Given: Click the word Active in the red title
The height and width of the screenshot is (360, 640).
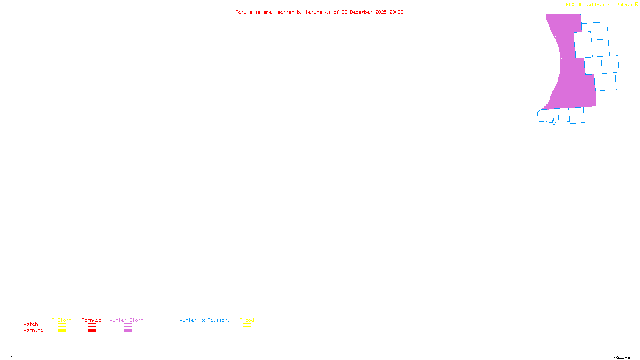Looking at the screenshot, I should (x=244, y=12).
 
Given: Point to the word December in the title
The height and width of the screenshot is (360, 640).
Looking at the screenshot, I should (x=361, y=12).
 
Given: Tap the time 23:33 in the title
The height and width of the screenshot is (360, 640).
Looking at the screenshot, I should (x=396, y=12).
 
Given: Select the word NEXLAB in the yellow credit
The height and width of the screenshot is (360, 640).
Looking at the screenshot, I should (x=574, y=5).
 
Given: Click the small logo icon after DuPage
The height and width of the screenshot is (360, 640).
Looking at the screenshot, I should (x=636, y=4).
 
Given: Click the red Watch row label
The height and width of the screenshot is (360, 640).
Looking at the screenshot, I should (x=31, y=324).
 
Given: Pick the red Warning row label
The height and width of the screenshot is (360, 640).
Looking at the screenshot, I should (x=34, y=330).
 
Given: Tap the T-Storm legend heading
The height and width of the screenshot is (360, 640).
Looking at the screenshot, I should (x=62, y=320).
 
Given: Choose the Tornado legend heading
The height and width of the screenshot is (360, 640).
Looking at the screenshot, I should (x=92, y=320).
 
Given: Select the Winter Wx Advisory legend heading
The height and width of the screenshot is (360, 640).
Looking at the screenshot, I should (x=205, y=320).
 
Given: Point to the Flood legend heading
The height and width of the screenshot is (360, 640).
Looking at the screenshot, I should (x=247, y=320).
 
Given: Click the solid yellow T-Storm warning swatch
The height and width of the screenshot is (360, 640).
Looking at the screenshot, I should (x=62, y=331).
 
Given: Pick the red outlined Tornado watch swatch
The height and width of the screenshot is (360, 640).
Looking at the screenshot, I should (x=92, y=325).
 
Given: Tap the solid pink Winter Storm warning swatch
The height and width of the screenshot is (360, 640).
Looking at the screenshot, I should (x=128, y=331).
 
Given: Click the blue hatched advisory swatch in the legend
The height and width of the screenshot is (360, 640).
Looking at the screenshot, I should (x=204, y=331).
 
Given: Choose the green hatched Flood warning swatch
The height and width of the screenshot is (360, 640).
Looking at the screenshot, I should (x=247, y=331).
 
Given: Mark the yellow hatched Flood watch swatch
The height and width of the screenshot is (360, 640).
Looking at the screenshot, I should (x=247, y=325).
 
